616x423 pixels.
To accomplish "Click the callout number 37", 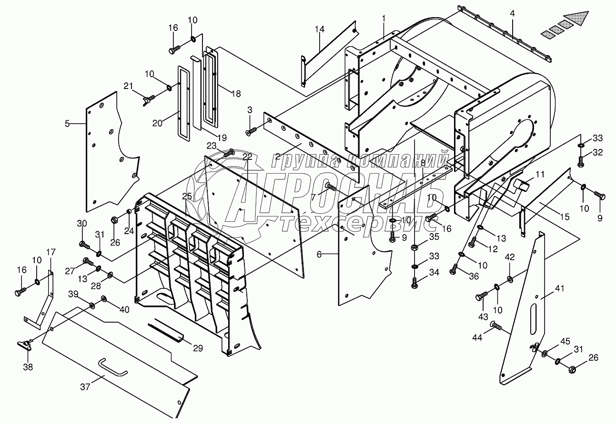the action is tap(85, 386).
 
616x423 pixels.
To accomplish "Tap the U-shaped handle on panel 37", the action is tap(113, 367).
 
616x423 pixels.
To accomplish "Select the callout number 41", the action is tap(559, 288).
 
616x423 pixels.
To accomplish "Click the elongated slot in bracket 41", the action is tap(533, 319).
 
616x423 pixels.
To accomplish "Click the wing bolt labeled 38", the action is tap(26, 345).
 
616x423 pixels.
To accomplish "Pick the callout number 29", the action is tap(198, 348).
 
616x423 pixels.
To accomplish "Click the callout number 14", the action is tap(320, 29).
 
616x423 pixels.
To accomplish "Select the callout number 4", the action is tap(512, 13).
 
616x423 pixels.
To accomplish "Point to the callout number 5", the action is tap(67, 124).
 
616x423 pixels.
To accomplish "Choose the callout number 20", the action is tap(157, 123).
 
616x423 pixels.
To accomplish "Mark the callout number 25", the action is tap(187, 196).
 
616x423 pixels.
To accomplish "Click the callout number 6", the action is tap(319, 255).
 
